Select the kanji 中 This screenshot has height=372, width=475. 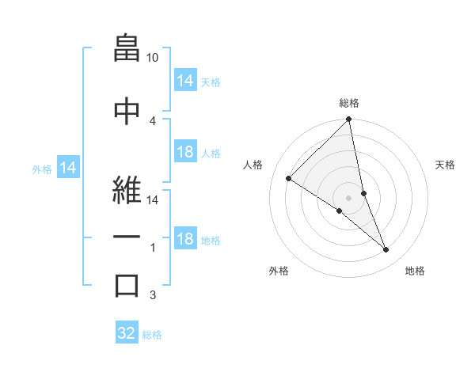click(x=127, y=108)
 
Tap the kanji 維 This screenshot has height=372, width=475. click(x=127, y=187)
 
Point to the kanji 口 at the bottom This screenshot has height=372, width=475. click(x=127, y=285)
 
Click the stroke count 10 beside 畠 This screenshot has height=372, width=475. click(x=153, y=58)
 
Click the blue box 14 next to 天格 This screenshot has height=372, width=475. click(x=185, y=80)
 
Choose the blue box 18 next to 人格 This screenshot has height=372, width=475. click(x=185, y=152)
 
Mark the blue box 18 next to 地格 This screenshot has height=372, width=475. click(x=185, y=239)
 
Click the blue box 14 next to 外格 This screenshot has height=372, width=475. click(x=68, y=168)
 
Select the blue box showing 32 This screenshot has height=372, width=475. click(x=127, y=333)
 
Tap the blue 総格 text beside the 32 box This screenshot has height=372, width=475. click(x=153, y=334)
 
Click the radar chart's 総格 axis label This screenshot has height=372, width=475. click(x=349, y=103)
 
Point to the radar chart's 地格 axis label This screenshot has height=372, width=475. click(x=415, y=271)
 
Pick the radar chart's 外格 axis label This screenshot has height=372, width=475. click(x=279, y=271)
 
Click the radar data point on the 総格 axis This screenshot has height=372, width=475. click(x=349, y=120)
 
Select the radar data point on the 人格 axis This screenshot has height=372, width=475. click(x=289, y=178)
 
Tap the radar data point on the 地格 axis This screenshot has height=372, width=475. click(x=386, y=250)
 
